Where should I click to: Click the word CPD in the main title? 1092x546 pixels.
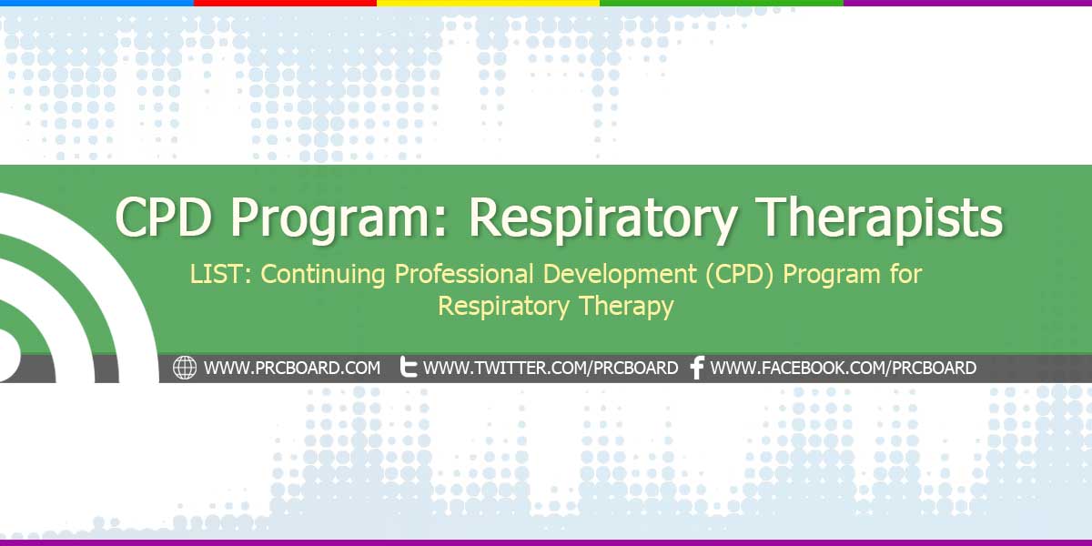click(x=164, y=217)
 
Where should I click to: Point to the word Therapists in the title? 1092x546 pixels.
click(x=879, y=217)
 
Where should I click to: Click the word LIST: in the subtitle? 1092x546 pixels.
click(x=221, y=274)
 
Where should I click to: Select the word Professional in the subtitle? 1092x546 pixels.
click(x=463, y=274)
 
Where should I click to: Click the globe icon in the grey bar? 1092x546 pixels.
click(x=185, y=368)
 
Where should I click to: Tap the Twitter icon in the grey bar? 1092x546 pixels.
click(x=408, y=367)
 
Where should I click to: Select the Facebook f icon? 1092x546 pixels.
click(x=698, y=368)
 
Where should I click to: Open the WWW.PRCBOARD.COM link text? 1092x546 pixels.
click(x=292, y=368)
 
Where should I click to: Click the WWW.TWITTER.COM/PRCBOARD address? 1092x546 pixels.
click(x=551, y=368)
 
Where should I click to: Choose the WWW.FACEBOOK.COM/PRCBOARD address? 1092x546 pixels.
click(x=843, y=368)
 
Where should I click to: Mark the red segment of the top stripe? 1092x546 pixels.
click(x=285, y=3)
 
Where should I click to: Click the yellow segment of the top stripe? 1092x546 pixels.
click(x=488, y=3)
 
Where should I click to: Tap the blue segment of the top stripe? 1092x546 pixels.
click(x=96, y=3)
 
